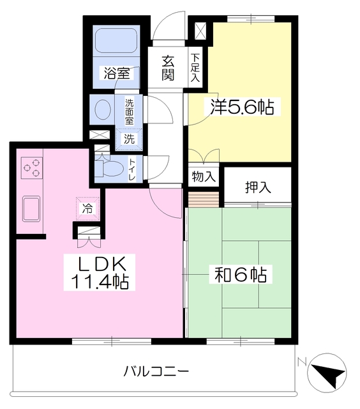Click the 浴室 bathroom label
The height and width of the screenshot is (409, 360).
[x=117, y=73]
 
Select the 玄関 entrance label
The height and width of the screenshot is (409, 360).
[x=168, y=68]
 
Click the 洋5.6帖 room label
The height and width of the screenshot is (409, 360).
[x=238, y=107]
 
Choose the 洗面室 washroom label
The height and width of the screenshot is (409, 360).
[x=130, y=111]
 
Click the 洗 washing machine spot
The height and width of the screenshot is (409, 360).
[x=129, y=138]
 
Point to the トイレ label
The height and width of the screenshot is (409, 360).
[x=132, y=169]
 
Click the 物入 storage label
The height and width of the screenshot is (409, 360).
[x=204, y=176]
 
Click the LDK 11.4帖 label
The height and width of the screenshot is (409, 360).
[x=104, y=273]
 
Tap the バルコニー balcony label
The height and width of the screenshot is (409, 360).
[x=156, y=371]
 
